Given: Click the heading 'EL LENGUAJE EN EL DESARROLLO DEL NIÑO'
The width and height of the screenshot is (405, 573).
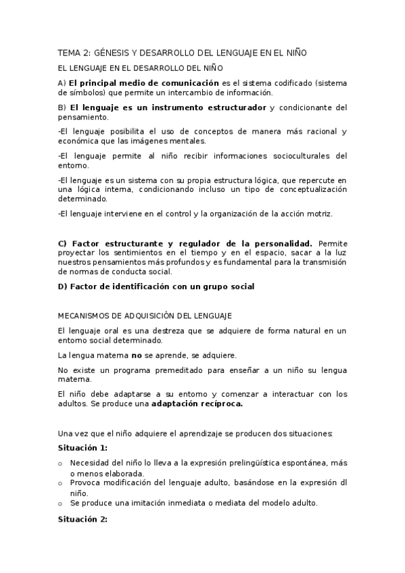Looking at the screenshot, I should click(140, 68).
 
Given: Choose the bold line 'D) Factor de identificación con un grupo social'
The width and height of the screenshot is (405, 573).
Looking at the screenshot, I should click(156, 286).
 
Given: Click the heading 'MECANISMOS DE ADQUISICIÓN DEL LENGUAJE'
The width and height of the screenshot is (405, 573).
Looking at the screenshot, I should click(145, 316).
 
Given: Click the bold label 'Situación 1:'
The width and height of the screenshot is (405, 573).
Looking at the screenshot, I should click(82, 447).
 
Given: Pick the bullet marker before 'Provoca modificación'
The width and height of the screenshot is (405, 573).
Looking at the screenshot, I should click(61, 484).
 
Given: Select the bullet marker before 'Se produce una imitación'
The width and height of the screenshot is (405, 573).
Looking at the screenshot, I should click(61, 504).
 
